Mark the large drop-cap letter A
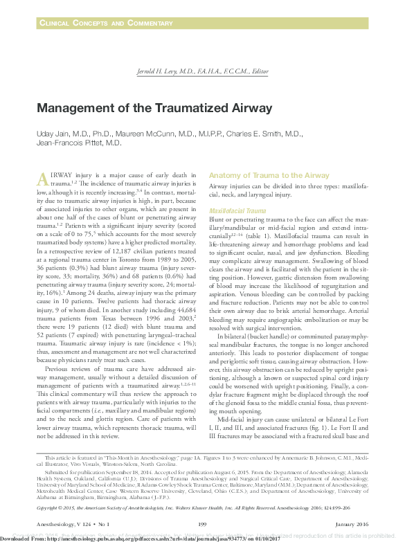(42, 178)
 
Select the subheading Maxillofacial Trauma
(237, 210)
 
